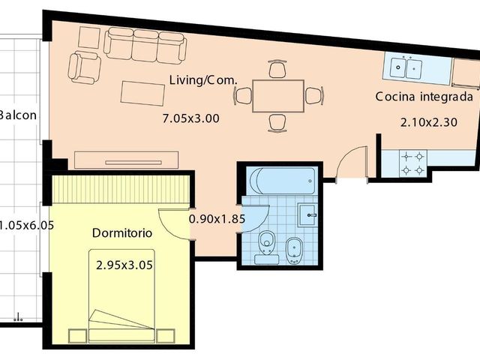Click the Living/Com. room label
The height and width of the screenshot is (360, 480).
point(203,80)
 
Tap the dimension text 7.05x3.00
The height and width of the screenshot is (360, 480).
point(190,118)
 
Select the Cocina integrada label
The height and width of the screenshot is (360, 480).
point(424,97)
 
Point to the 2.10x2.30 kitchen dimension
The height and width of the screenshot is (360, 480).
point(429,122)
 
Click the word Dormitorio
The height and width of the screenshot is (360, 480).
point(122,233)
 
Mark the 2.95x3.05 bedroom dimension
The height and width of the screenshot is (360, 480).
point(124,265)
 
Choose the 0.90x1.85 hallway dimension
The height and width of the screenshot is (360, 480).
point(217,219)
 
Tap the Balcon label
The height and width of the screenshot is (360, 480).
point(18,115)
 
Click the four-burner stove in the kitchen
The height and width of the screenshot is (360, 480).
point(413,163)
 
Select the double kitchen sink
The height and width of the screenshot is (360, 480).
point(406,68)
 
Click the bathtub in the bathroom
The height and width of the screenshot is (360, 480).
point(282,181)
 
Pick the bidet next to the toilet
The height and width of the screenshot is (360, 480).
point(295,250)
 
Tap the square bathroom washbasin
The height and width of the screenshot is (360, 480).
point(307,215)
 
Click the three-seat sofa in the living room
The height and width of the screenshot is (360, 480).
point(145,46)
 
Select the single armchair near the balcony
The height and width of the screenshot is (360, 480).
point(84,67)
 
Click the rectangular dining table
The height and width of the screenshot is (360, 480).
point(278,96)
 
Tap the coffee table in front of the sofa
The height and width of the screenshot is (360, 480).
point(142,93)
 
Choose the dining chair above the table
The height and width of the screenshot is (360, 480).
point(277,69)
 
